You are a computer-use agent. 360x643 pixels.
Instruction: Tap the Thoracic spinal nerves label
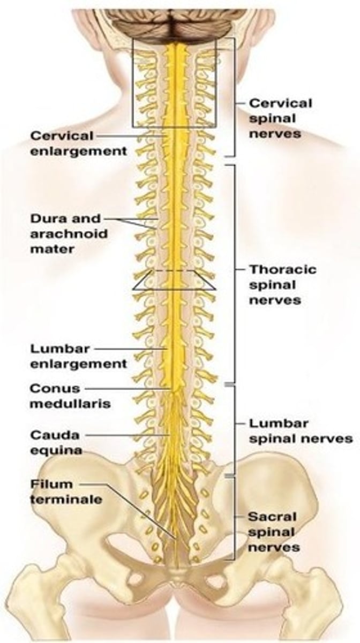(282, 284)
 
